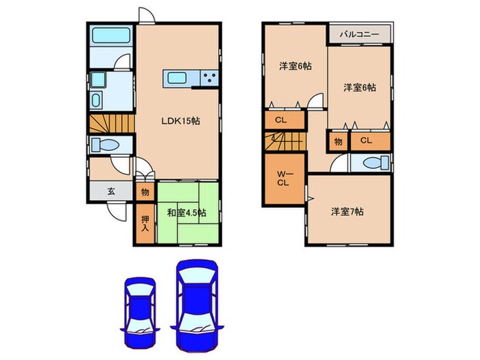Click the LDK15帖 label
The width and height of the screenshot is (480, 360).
coord(180,121)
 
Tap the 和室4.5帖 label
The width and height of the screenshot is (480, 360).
coord(187,213)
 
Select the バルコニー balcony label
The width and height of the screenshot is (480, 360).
coord(359,34)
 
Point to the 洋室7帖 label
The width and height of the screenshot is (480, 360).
coord(348,212)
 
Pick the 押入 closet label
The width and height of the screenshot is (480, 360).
coord(145,224)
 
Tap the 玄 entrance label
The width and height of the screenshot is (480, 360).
coord(111,191)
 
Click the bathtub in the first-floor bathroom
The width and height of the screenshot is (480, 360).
coord(111,35)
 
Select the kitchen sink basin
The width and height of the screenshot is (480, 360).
coord(177,78)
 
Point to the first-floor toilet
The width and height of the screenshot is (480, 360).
coord(106,145)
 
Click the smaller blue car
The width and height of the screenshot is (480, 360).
coord(139,311)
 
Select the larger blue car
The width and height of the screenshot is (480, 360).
coord(197,305)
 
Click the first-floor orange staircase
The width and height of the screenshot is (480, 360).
coord(112,123)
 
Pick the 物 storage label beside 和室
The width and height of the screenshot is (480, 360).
coord(145,192)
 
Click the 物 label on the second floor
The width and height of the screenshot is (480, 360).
coord(338,142)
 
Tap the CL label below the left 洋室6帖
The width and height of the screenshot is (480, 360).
coord(280,120)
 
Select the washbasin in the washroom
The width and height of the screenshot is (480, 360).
coord(96,100)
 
